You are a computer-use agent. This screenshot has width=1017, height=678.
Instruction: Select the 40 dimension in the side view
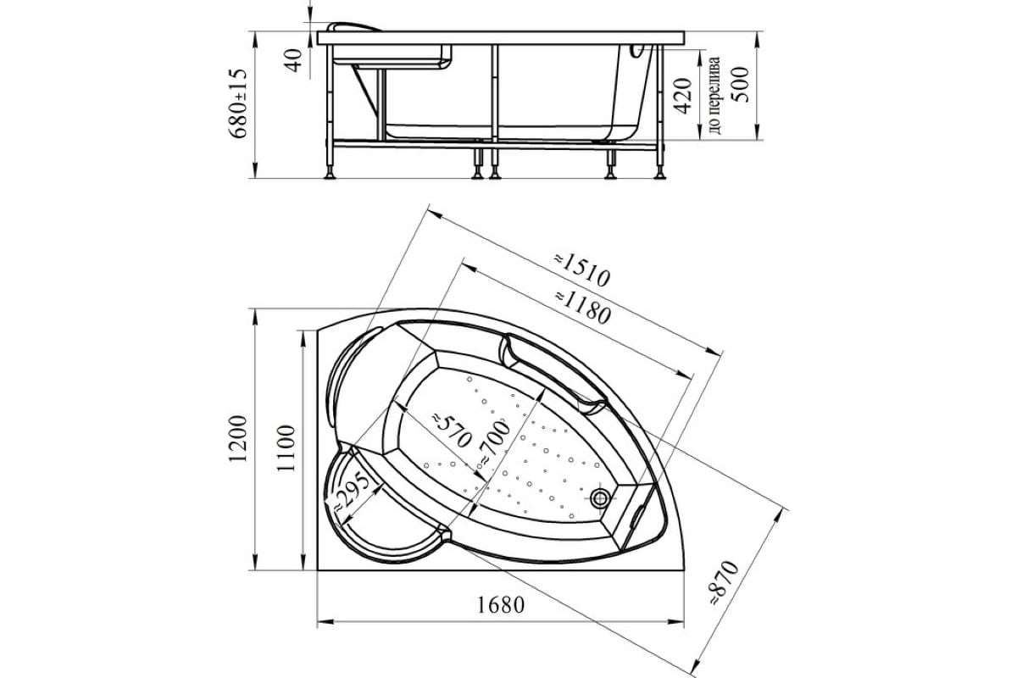(294, 60)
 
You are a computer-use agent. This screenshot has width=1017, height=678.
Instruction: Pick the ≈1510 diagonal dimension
(581, 270)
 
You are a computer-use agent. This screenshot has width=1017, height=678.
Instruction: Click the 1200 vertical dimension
(238, 438)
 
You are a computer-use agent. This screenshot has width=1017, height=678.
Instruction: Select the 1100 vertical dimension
(286, 448)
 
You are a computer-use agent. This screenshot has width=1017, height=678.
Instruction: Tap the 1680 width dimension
(500, 605)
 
